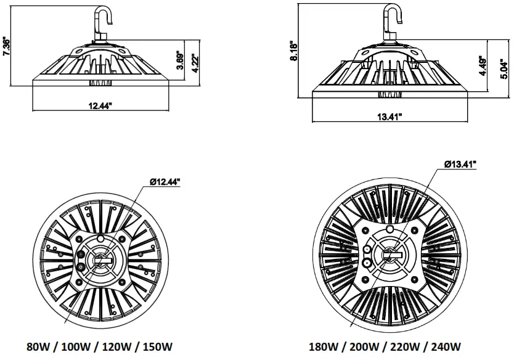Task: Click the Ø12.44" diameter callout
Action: coord(165,181)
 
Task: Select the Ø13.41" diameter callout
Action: coord(460,164)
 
